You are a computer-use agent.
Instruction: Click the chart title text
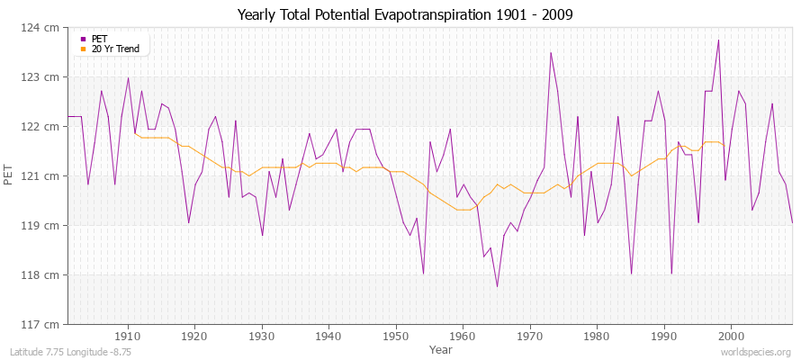(405, 14)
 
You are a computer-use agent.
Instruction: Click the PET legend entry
(99, 39)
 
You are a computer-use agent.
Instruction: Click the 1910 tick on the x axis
(128, 335)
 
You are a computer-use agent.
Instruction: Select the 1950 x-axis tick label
(395, 335)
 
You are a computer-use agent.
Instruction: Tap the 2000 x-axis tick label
(730, 335)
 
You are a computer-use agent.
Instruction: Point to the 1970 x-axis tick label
(529, 335)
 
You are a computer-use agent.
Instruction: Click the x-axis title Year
(441, 348)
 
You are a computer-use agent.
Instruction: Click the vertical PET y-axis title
(10, 175)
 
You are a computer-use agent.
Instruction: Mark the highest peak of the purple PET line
(718, 40)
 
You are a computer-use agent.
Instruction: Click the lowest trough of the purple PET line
(497, 287)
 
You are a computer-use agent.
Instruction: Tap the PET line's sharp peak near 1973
(551, 52)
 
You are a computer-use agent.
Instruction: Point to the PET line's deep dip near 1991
(671, 273)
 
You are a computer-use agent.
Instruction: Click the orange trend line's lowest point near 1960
(463, 210)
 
